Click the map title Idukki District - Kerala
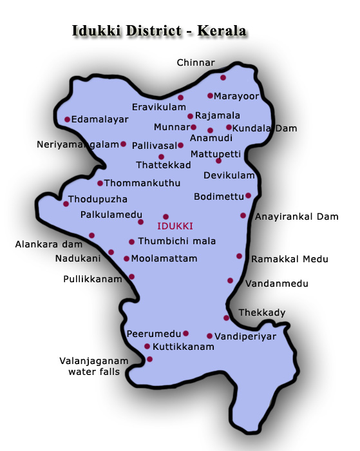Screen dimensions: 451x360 click(x=160, y=30)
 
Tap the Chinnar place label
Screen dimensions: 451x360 click(x=196, y=63)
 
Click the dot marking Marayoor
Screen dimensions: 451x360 click(x=210, y=96)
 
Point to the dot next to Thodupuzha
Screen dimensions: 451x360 click(x=66, y=204)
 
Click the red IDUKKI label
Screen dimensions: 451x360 click(x=175, y=226)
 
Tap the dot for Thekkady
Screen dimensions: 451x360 click(x=226, y=318)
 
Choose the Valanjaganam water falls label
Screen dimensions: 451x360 click(x=94, y=366)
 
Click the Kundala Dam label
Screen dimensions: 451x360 click(x=265, y=128)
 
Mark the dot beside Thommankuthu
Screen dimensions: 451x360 click(x=100, y=183)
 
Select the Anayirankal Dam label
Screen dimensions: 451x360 click(x=296, y=216)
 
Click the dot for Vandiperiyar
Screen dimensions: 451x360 click(x=209, y=336)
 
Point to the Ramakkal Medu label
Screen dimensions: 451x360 click(x=290, y=259)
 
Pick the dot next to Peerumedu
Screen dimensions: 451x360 click(x=185, y=333)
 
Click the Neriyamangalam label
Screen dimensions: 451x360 click(x=78, y=144)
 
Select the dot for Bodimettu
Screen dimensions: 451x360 click(x=248, y=195)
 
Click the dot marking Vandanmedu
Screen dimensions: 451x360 click(x=230, y=280)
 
